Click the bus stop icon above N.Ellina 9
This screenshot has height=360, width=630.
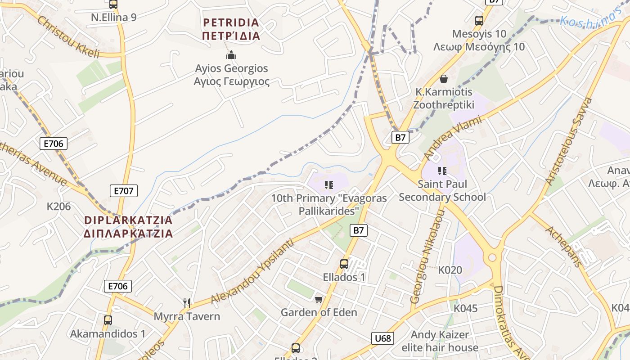point(113,4)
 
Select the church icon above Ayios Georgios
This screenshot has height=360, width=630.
point(231,55)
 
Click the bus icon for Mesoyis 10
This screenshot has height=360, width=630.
point(479,20)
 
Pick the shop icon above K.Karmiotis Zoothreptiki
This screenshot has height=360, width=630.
point(444,79)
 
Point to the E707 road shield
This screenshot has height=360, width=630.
point(124,191)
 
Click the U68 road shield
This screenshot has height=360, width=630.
point(383,338)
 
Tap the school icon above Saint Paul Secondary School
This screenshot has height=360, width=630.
point(442,171)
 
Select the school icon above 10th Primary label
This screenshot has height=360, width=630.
point(329,184)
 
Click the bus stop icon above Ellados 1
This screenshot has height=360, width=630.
point(344,264)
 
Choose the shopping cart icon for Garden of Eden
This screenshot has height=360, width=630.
point(319,299)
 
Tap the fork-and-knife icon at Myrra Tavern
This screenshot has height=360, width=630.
point(187,303)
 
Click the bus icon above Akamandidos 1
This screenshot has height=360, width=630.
point(108,320)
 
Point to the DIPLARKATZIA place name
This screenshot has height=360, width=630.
point(129,227)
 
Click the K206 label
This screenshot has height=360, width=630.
point(59,207)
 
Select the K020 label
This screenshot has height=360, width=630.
point(450,270)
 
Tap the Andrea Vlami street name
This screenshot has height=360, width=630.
point(452,138)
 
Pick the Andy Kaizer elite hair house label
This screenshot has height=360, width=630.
point(440,341)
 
